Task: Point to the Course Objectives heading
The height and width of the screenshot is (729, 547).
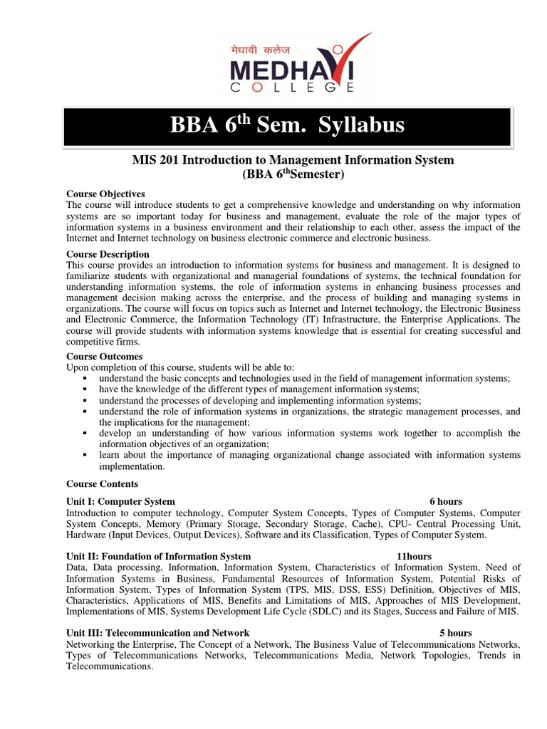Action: pyautogui.click(x=105, y=194)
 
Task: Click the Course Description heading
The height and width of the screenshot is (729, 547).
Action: pyautogui.click(x=108, y=254)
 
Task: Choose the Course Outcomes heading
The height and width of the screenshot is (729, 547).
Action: pyautogui.click(x=104, y=356)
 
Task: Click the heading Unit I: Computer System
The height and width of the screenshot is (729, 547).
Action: pyautogui.click(x=120, y=501)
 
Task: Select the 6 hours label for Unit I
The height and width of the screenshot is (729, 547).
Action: pyautogui.click(x=446, y=501)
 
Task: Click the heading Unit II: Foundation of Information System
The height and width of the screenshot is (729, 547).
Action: pyautogui.click(x=158, y=556)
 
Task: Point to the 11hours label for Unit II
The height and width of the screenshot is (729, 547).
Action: pyautogui.click(x=414, y=556)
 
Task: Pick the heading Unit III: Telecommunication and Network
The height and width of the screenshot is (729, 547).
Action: pyautogui.click(x=157, y=632)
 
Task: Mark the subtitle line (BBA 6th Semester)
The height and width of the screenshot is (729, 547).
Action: pyautogui.click(x=293, y=174)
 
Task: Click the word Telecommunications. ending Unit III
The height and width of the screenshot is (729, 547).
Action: pyautogui.click(x=110, y=667)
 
